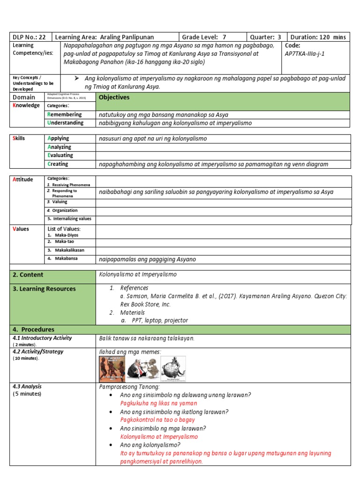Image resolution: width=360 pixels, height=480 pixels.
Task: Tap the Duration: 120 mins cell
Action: (318, 37)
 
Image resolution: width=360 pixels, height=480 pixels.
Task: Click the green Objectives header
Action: (114, 97)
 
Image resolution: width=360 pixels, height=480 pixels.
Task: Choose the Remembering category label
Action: (64, 114)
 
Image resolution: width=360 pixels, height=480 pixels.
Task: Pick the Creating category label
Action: (58, 164)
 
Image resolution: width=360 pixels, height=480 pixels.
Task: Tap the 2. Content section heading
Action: (28, 275)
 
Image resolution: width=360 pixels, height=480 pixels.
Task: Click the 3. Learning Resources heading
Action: (44, 289)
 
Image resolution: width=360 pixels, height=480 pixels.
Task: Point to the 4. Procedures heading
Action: (33, 330)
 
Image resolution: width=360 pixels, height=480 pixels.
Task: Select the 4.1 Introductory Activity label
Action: (42, 338)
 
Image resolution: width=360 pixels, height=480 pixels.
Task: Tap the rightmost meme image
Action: (173, 369)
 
